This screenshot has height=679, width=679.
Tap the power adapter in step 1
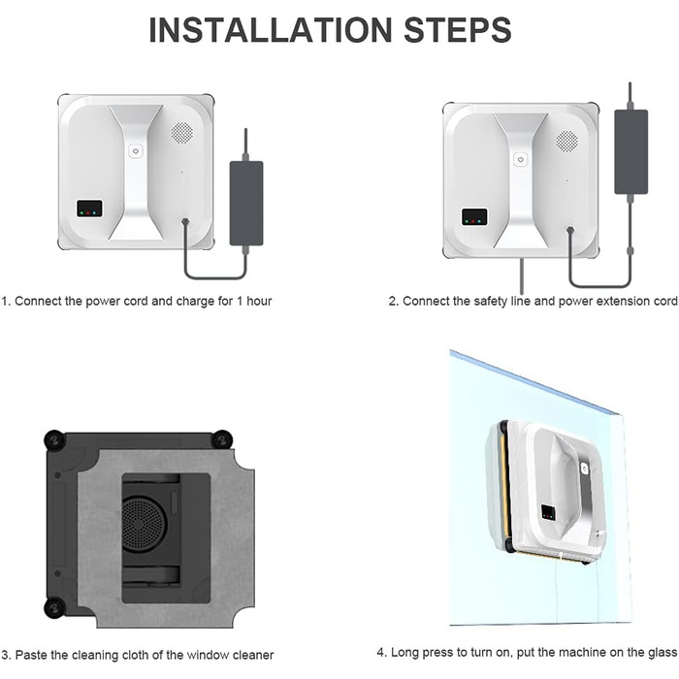(x=245, y=202)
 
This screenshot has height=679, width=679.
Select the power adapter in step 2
(x=630, y=150)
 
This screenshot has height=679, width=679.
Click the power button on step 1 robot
(x=136, y=151)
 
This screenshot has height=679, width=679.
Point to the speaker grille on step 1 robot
(x=181, y=131)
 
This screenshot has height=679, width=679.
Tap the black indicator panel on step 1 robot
(x=90, y=209)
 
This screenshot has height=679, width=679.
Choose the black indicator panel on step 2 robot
(x=474, y=215)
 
